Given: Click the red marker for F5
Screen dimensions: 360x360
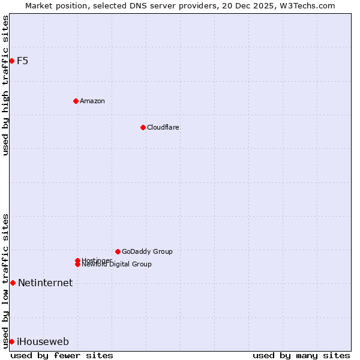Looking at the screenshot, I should (11, 61).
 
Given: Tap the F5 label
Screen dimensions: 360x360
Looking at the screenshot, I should (23, 61).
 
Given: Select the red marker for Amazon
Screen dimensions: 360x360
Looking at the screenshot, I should (76, 101).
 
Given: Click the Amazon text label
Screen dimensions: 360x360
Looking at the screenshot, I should (92, 101).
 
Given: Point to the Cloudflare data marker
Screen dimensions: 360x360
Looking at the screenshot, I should (143, 127).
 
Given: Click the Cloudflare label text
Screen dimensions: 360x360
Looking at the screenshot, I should (163, 127).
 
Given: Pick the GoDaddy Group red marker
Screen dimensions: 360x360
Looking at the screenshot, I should (118, 251).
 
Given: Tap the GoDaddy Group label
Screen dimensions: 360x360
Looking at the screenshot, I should (147, 251).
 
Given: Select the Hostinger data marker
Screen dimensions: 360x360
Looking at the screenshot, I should (77, 260).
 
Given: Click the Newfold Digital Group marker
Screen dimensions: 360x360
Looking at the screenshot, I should (78, 265).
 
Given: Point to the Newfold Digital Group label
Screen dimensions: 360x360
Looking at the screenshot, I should (116, 265).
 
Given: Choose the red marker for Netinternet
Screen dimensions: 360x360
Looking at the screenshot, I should (13, 283).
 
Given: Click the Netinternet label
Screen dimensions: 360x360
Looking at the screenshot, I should (45, 283).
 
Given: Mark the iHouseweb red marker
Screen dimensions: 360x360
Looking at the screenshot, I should (11, 341).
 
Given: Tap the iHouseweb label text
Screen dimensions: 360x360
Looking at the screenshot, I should (43, 341).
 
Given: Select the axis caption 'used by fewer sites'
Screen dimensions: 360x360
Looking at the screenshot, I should (62, 355).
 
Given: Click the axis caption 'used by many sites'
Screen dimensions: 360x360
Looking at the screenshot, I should (301, 355).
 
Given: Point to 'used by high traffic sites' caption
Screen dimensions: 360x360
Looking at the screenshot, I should (6, 85).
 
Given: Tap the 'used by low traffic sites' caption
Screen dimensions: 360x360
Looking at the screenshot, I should (6, 281).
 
